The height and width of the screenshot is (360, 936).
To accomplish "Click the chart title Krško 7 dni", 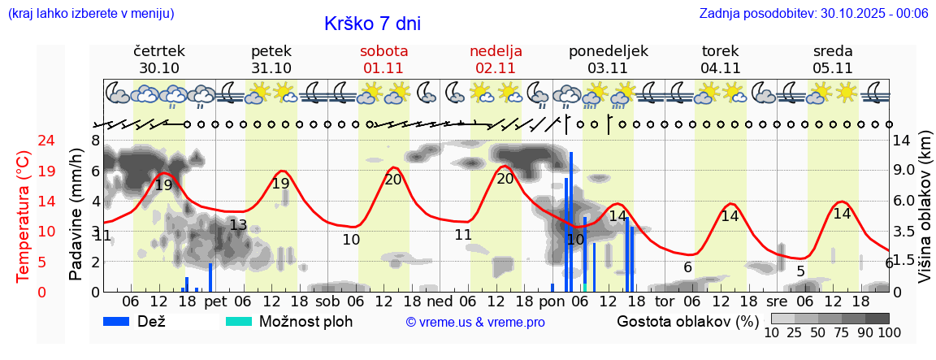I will [x=372, y=24].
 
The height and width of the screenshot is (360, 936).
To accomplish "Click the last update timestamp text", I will [x=813, y=13].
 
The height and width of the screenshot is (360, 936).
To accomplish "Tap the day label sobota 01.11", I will [x=383, y=59].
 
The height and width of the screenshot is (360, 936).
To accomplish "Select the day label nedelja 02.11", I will [x=496, y=59].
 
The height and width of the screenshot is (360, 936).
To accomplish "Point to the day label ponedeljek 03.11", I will [x=609, y=59].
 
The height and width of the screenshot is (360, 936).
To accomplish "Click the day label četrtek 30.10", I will [x=159, y=59].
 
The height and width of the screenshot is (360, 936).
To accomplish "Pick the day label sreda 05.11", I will [x=833, y=59].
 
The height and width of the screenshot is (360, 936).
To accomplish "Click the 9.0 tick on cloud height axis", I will [x=905, y=171].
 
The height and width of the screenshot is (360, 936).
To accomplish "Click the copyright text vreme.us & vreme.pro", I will [x=475, y=322].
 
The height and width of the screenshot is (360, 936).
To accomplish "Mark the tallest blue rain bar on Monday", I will [x=571, y=219].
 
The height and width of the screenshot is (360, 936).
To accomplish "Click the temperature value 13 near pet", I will [x=238, y=225].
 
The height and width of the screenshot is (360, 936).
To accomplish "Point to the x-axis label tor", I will [x=665, y=301].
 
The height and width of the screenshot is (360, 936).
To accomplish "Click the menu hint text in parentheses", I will [x=90, y=13].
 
